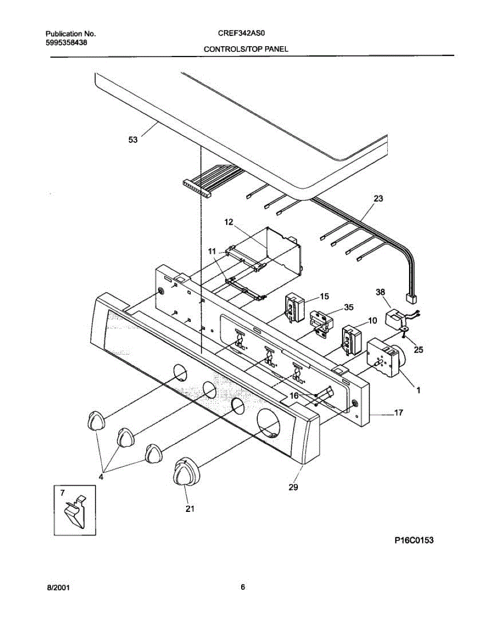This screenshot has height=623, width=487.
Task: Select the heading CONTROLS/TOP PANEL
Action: [245, 49]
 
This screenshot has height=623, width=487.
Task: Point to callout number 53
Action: [134, 140]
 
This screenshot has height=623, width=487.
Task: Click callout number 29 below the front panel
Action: [293, 487]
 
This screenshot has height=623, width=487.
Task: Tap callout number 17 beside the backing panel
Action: [398, 413]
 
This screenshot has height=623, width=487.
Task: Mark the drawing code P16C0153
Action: [413, 540]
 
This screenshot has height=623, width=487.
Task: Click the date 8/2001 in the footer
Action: [58, 588]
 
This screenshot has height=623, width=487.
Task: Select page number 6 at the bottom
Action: [243, 587]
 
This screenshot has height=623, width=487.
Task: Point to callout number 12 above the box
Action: [229, 222]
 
